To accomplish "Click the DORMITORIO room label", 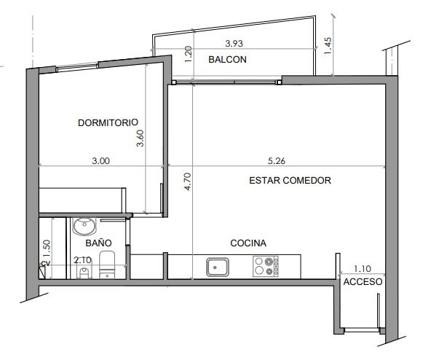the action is tap(108, 122).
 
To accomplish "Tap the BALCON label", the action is tap(227, 60).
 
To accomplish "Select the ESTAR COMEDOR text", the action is tap(290, 180).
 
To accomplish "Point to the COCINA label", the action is tap(248, 243).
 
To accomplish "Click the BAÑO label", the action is tap(98, 243).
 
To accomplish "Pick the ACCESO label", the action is tap(363, 282).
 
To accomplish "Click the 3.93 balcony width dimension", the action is tap(234, 43).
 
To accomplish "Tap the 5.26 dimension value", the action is tap(277, 161).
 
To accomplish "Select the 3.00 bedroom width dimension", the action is tap(101, 161).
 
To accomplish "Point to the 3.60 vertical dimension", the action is tap(141, 138).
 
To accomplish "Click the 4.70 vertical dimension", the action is tap(188, 181).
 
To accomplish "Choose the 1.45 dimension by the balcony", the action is tap(328, 46).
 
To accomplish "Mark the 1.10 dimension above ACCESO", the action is tap(363, 268).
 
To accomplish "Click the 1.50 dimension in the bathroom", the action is tap(47, 249).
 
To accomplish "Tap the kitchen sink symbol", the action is tap(218, 267).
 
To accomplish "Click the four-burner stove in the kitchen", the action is tap(266, 266).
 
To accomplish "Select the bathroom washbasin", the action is tap(84, 226).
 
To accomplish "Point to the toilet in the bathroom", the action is tap(107, 265).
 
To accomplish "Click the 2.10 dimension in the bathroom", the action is tap(82, 260).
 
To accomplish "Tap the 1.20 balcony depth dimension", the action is tap(188, 54).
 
